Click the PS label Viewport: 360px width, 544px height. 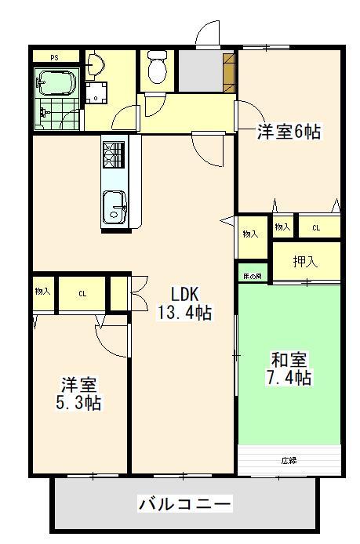(x=54, y=57)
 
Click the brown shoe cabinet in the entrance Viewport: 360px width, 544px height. (x=228, y=71)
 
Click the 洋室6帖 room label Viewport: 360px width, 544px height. (x=289, y=132)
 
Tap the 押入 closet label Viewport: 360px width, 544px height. (x=306, y=262)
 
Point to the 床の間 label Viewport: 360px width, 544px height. (x=252, y=276)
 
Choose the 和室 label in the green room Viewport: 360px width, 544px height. (x=289, y=360)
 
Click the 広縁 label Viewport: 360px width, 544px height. (x=289, y=461)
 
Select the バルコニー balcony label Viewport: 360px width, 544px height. (x=184, y=502)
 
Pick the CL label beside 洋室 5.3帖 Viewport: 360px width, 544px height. (x=82, y=294)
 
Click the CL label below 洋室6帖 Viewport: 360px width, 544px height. (x=316, y=227)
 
